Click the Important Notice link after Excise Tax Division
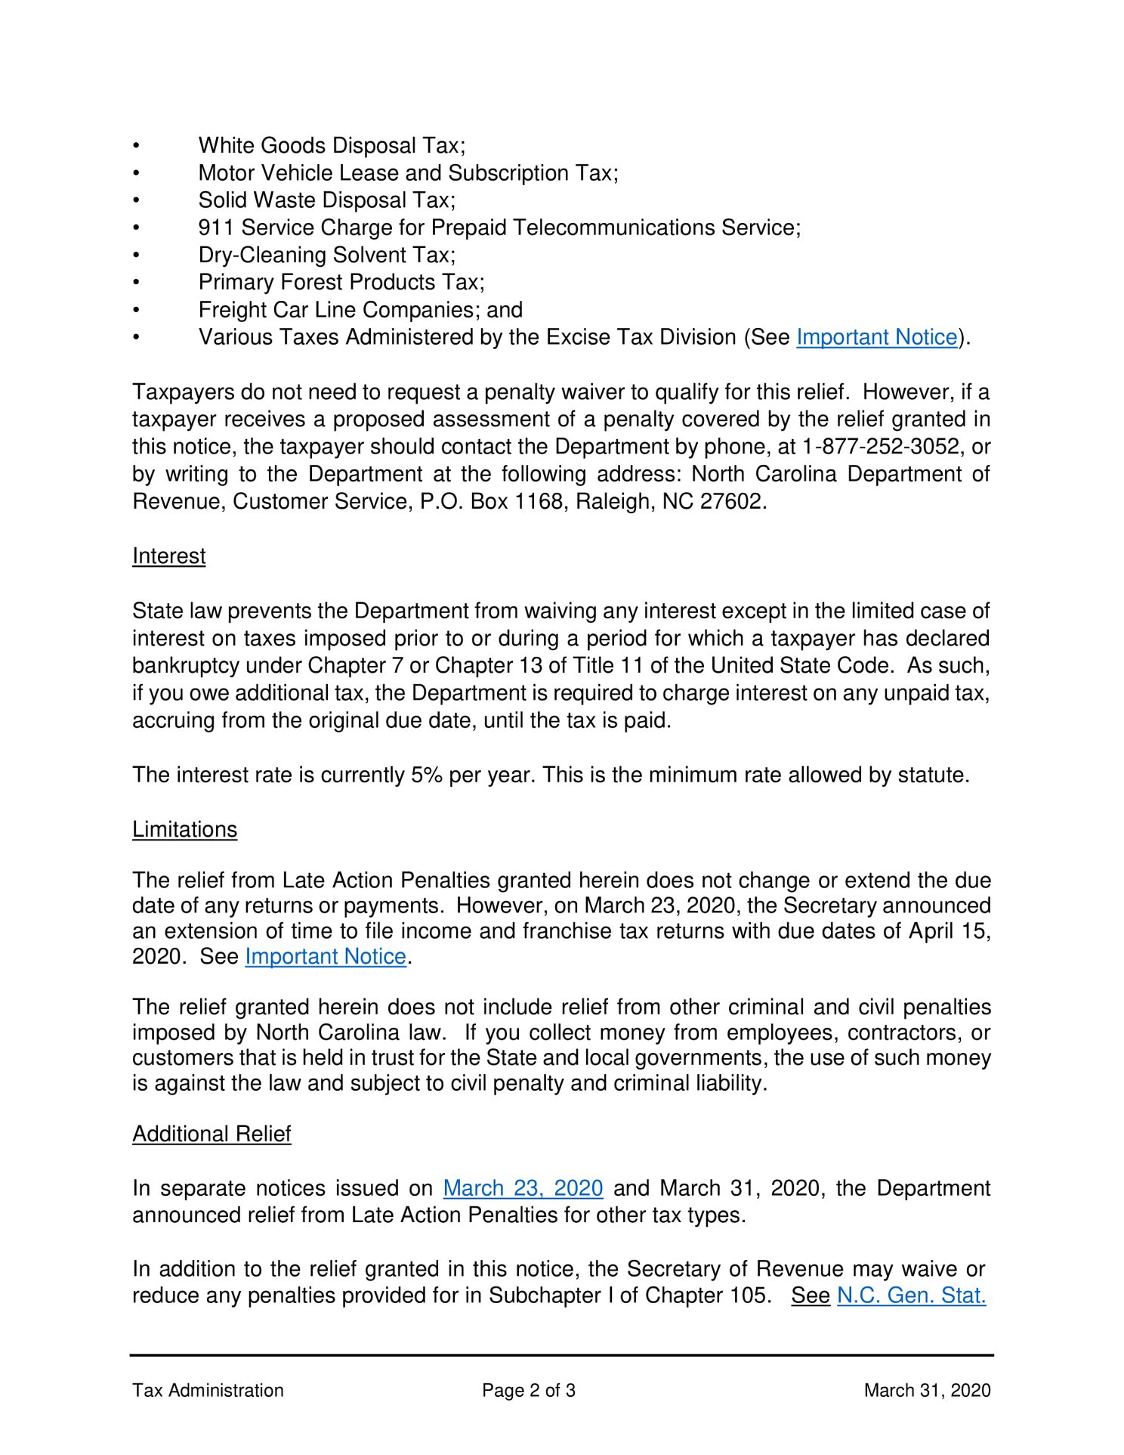tap(876, 337)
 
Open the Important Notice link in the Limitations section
tap(326, 956)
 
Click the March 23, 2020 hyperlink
tap(523, 1188)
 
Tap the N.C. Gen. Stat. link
tap(911, 1296)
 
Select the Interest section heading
tap(168, 556)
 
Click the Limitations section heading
tap(184, 830)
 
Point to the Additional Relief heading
tap(212, 1134)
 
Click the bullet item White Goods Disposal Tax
tap(332, 146)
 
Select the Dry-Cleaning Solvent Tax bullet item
tap(326, 255)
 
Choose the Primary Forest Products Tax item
tap(341, 283)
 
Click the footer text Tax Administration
tap(208, 1391)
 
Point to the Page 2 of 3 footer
tap(529, 1391)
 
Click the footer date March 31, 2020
tap(927, 1391)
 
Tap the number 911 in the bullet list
tap(216, 228)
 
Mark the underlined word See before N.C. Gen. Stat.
tap(811, 1296)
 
